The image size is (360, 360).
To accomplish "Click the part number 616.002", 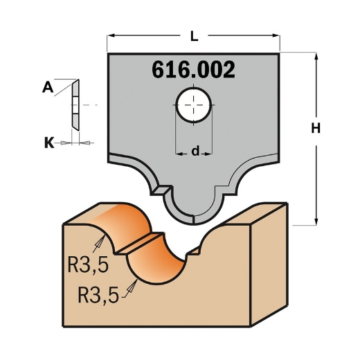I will point(193,70).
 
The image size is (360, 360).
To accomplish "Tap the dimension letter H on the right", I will point(316,128).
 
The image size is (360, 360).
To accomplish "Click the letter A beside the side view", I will point(47,87).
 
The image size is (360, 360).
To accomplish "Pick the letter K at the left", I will point(48,143).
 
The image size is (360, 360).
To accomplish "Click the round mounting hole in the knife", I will point(193,105).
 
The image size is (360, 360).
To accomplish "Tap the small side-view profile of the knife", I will point(75,104).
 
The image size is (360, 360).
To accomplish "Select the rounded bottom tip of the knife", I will point(193,215).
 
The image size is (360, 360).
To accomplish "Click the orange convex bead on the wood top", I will point(118,222).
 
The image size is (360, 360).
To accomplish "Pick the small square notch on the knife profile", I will point(163,187).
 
